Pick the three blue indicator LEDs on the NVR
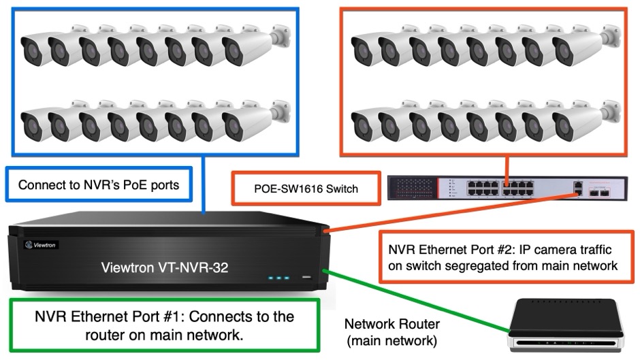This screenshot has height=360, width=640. pos(279,278)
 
